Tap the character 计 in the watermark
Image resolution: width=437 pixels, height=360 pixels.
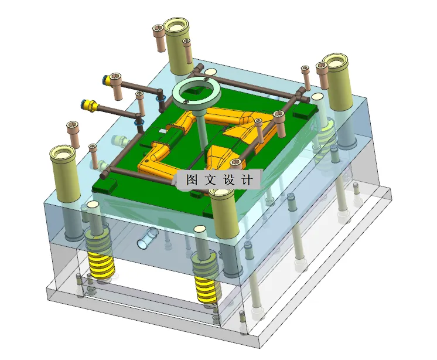[246, 180]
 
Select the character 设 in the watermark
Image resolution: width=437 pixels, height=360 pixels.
[228, 180]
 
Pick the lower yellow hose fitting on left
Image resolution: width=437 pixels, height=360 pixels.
[89, 106]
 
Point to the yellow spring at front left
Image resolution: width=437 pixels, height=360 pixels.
[101, 258]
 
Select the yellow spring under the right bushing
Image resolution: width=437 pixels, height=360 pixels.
[326, 138]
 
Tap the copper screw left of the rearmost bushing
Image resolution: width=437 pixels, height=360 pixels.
[158, 38]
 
